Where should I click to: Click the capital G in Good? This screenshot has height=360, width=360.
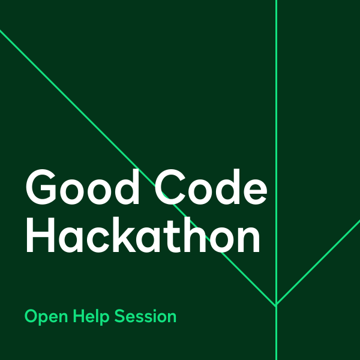40,188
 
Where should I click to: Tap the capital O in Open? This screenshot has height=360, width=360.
31,316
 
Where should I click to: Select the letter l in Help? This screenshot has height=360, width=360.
100,316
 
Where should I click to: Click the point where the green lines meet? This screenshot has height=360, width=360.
276,305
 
